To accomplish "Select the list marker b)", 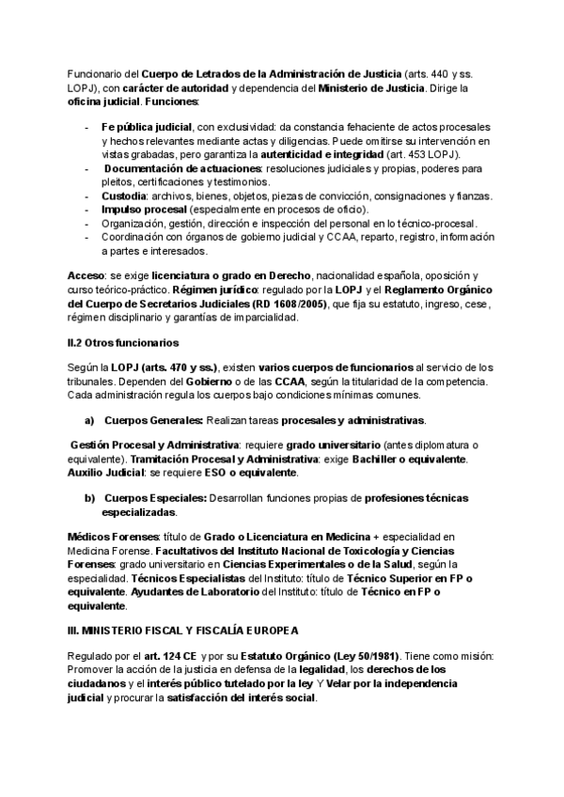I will (90, 496).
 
